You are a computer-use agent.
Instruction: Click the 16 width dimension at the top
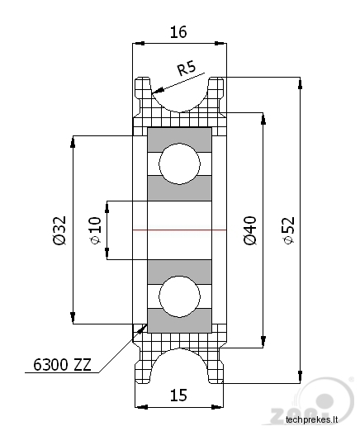coord(178,32)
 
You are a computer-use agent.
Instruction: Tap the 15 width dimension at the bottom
coord(178,395)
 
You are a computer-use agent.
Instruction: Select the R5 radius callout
coord(187,68)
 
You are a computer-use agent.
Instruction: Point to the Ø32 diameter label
coord(59,230)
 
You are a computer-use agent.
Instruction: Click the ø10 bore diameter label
coord(96,230)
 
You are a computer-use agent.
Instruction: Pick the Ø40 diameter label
coord(250,230)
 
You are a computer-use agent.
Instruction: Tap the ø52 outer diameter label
coord(289,230)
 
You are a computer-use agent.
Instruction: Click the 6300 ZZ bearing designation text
coord(62,365)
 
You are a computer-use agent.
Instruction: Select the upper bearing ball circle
coord(179,163)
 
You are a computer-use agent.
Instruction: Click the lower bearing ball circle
coord(179,296)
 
